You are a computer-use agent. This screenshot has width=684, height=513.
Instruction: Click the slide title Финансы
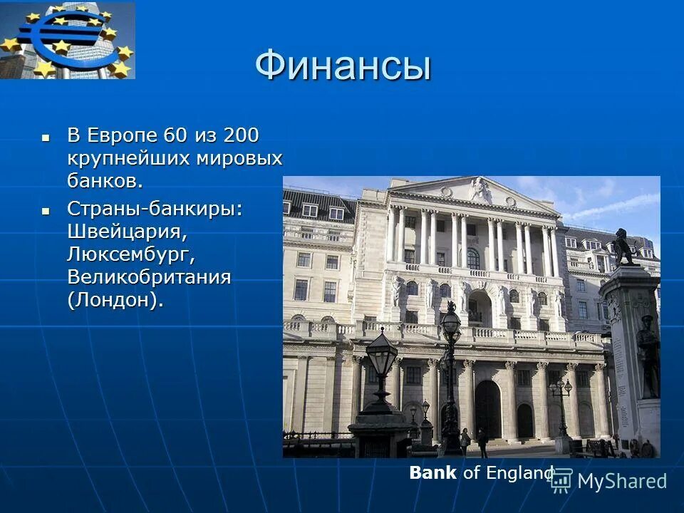point(343,67)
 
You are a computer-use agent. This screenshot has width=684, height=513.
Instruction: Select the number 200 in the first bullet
point(242,135)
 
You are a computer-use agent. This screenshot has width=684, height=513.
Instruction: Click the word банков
point(105,181)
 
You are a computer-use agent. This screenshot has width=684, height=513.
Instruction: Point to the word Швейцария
point(128,232)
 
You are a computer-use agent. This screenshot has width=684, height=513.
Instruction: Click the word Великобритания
point(149,277)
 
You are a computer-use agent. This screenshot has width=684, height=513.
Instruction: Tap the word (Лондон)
point(115,300)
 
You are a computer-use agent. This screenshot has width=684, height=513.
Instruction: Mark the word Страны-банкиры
point(155,209)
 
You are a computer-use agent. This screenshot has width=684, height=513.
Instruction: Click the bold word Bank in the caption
point(432,473)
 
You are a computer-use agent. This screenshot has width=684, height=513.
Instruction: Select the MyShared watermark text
point(621,481)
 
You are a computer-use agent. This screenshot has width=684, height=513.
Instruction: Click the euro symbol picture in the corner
point(68,40)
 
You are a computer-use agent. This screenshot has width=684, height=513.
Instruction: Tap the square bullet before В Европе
point(46,135)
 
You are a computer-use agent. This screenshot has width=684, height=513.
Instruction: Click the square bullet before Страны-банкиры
point(46,209)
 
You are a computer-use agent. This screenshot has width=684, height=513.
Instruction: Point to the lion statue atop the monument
point(623,247)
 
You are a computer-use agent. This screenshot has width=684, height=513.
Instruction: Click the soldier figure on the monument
point(648,356)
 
